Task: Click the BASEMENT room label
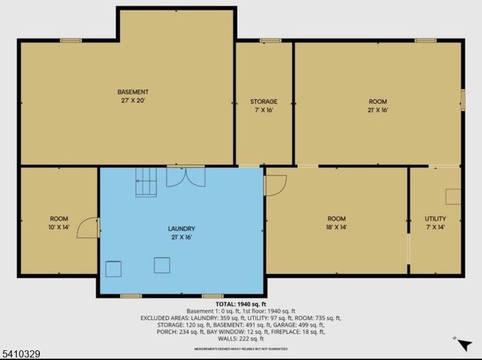click(133, 92)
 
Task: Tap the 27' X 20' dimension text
click(133, 100)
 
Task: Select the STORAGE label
click(264, 102)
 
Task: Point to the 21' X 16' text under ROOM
click(378, 110)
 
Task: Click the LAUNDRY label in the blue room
click(182, 229)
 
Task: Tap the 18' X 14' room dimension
click(336, 227)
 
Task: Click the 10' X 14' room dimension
click(58, 227)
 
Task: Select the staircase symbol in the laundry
click(146, 182)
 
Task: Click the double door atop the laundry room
click(185, 176)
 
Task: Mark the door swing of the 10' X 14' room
click(90, 227)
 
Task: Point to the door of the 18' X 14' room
click(275, 185)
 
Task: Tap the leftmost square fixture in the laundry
click(114, 269)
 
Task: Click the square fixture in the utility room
click(453, 197)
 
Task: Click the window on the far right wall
click(462, 100)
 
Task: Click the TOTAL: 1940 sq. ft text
click(240, 304)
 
